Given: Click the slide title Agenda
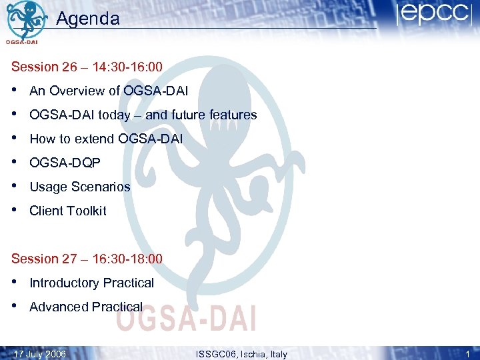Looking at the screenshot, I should click(x=88, y=19).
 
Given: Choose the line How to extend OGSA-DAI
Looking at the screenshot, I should click(x=106, y=139).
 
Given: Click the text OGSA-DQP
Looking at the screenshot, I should click(x=65, y=163).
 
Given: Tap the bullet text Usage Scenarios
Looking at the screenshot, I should click(x=80, y=187).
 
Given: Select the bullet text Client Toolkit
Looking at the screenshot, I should click(x=68, y=211).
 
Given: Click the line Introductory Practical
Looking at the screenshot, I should click(x=92, y=283).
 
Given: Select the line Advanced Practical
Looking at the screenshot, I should click(x=86, y=307).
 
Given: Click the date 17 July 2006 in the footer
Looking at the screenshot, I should click(x=40, y=354).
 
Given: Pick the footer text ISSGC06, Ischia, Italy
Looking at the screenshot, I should click(x=241, y=354).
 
